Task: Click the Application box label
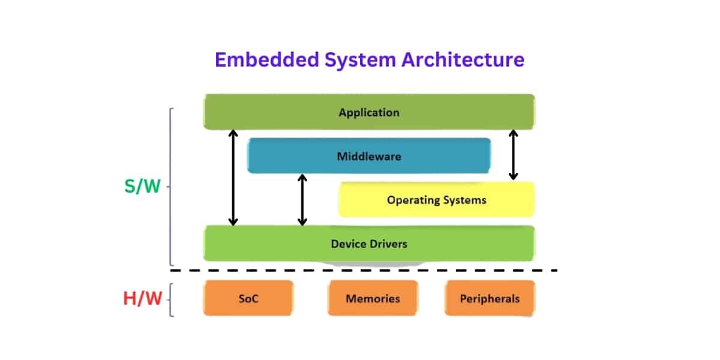coord(368,112)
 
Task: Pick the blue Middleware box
coord(368,157)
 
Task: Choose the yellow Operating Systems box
coord(436,200)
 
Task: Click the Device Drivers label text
coord(368,244)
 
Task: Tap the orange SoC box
coord(248,298)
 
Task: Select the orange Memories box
coord(372,298)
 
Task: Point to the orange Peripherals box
coord(489,298)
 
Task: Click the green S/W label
coord(142,187)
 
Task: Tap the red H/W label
coord(142,298)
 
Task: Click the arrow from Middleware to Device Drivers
coord(302,200)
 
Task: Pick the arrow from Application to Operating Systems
coord(513,154)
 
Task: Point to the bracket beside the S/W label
coord(171,187)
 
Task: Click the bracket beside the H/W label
coord(171,299)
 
